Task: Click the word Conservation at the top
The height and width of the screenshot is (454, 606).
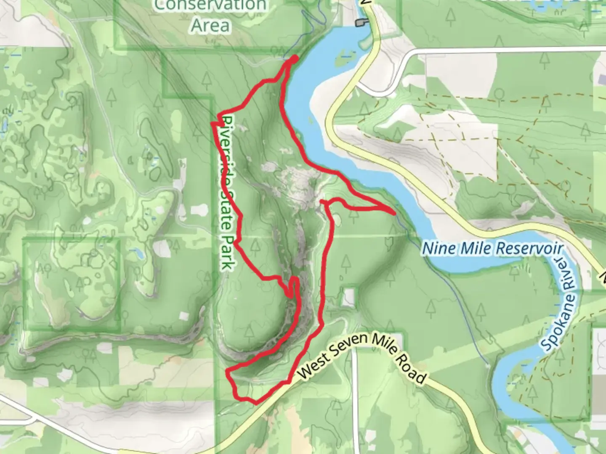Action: click(210, 5)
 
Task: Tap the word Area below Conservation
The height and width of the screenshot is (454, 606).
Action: click(210, 25)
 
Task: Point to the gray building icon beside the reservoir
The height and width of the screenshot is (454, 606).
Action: click(361, 23)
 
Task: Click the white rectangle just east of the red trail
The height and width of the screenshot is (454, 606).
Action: click(349, 297)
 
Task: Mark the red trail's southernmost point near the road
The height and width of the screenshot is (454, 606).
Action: click(255, 403)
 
